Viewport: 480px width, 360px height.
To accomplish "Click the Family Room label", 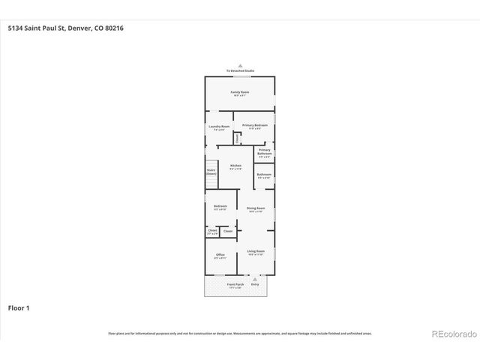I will tap(240, 93).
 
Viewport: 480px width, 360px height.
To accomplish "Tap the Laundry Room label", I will tap(218, 127).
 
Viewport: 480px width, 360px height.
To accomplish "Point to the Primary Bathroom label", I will tap(264, 154).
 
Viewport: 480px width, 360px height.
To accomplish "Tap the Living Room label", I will tap(256, 252).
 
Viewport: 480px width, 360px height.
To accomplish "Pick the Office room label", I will tap(220, 256).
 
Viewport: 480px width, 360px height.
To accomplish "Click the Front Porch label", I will tap(235, 286).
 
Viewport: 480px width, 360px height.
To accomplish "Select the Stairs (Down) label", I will tap(211, 172).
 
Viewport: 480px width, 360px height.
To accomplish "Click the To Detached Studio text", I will tap(240, 70).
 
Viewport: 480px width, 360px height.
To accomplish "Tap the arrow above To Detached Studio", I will tap(240, 65).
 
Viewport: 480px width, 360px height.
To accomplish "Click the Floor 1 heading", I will tap(19, 307).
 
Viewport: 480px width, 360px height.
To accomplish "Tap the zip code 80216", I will tap(114, 28).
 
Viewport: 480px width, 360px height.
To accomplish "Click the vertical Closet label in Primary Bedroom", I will tap(238, 138).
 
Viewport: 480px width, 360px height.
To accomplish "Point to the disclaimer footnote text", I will tap(240, 333).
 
